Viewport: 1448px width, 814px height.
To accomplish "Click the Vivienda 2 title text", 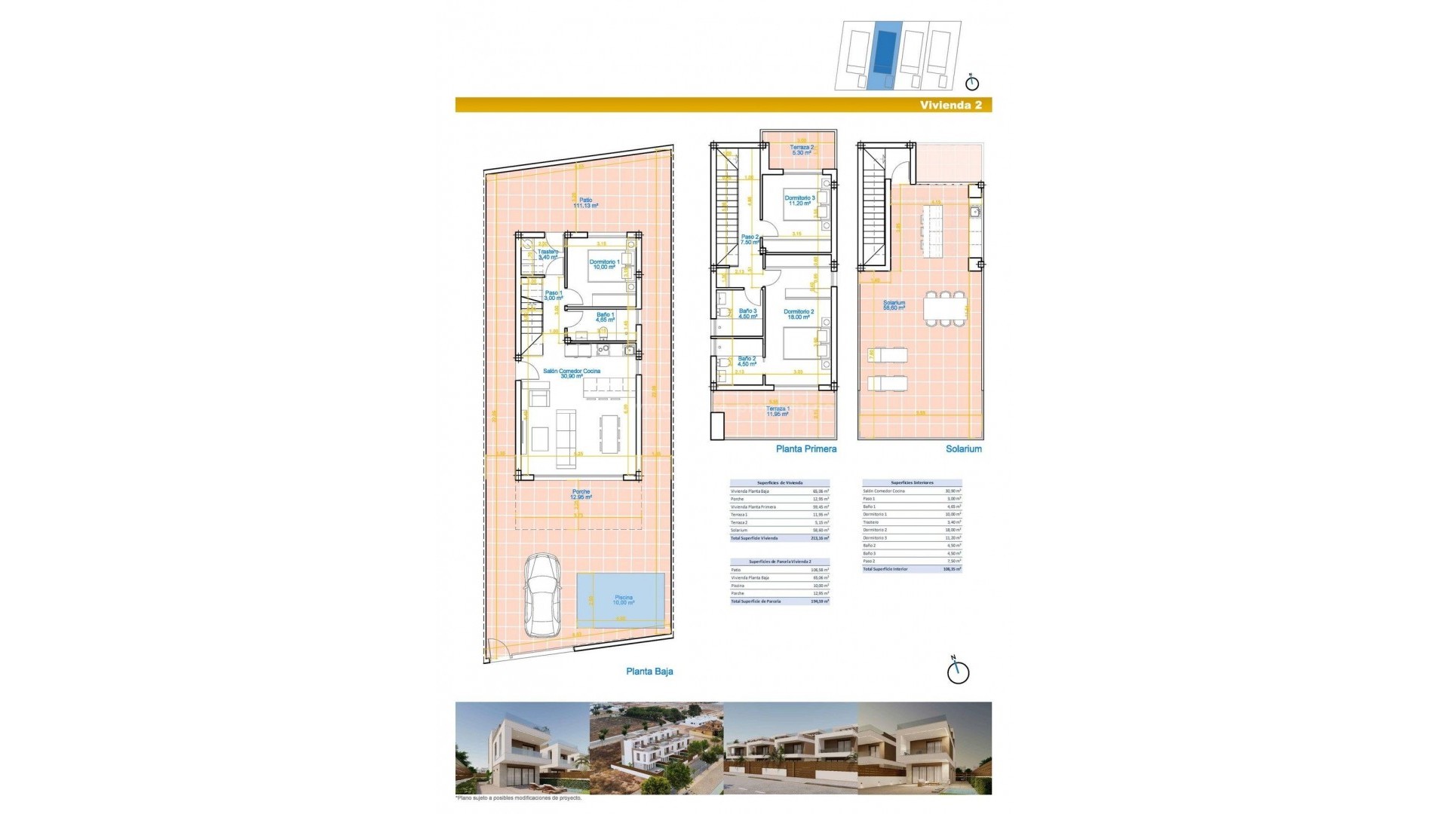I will pos(950,106).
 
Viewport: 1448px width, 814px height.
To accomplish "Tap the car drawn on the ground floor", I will pos(541,595).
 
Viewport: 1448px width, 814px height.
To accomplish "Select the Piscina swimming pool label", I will pos(623,601).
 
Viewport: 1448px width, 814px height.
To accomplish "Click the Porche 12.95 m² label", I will pos(581,494).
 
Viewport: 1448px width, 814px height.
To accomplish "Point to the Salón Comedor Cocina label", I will pos(572,373).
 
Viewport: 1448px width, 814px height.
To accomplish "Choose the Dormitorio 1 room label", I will pos(604,265).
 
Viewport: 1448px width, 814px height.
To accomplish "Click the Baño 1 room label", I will pos(605,317).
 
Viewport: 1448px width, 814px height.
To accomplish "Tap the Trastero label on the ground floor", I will pos(548,254).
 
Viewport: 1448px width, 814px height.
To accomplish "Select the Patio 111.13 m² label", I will pos(585,203).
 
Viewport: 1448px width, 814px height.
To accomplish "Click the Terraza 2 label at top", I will pos(802,150).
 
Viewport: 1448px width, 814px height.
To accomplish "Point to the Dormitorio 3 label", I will pos(799,200).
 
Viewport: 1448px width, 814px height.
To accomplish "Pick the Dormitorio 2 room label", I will pos(799,314).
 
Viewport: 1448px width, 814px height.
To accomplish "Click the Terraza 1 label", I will pos(778,412).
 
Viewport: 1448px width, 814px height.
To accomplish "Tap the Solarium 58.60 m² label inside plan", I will pos(894,305).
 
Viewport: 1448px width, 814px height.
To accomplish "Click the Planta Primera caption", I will pos(806,448).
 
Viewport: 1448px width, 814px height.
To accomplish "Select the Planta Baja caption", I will pos(649,672).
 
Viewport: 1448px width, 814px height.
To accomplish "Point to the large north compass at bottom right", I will pos(958,671).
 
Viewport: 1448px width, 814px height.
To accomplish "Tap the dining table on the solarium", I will pos(946,309).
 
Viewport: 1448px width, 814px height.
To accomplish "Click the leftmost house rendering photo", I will pos(522,748).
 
